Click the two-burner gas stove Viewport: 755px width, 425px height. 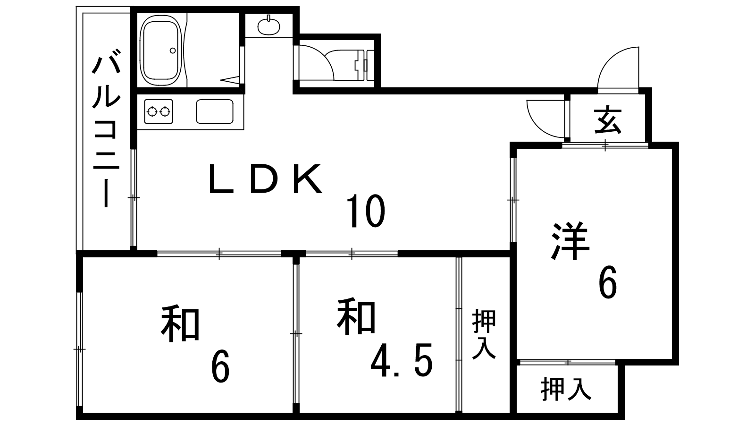tap(158, 112)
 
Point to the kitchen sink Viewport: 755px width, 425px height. tap(214, 111)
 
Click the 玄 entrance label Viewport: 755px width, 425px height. tap(607, 120)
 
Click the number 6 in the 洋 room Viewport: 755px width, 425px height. tap(607, 282)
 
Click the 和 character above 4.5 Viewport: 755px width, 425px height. tap(356, 316)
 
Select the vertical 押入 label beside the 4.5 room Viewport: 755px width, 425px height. tap(484, 334)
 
